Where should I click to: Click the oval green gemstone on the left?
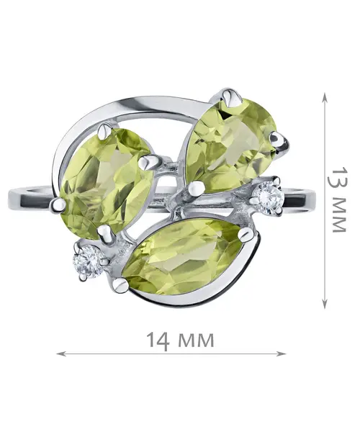coord(106,183)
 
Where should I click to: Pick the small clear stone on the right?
coord(269,197)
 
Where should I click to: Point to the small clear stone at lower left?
coord(87,261)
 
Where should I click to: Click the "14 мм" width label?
coord(180,341)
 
